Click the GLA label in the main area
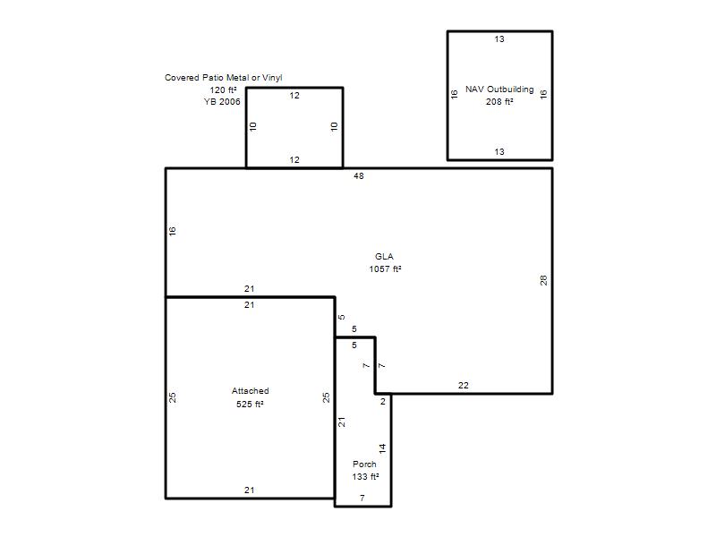384,257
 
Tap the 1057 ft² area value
385,269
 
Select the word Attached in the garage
251,391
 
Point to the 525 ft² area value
250,405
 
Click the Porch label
364,464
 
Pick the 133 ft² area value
365,477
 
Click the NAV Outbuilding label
499,89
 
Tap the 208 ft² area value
499,102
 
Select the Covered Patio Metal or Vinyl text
223,78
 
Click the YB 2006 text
222,102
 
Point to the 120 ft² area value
223,90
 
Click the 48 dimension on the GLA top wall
359,175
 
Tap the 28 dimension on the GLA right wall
543,280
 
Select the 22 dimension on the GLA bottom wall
463,386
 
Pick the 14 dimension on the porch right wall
382,448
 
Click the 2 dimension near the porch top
383,401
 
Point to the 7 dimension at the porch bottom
362,499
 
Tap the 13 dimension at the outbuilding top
499,39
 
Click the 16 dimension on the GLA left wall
172,231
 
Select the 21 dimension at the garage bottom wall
249,490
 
